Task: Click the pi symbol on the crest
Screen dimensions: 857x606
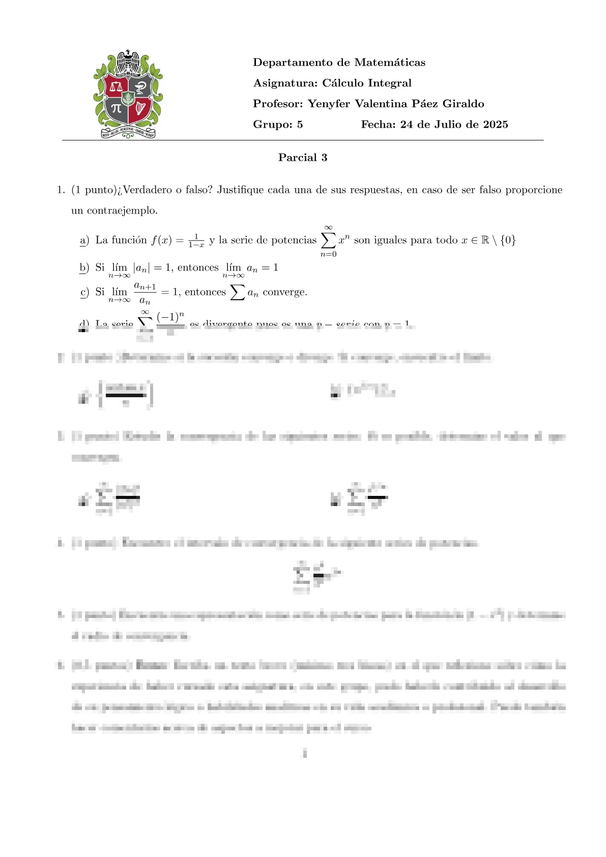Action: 117,108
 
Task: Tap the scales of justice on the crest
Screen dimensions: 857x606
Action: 117,86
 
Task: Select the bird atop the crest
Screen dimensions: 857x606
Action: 127,60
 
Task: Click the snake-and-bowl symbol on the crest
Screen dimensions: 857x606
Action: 139,86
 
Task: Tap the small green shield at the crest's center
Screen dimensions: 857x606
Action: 128,97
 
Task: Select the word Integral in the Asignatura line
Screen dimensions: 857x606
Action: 389,83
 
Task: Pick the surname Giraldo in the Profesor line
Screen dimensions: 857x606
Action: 463,104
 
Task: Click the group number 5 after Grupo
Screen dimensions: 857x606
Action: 300,125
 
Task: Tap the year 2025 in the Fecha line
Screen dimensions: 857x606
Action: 495,125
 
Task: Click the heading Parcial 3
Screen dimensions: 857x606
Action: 303,158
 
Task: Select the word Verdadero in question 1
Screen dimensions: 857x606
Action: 148,190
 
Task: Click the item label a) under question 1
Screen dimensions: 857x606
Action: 84,240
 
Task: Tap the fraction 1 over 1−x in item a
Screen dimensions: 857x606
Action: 196,241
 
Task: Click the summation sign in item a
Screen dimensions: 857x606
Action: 328,240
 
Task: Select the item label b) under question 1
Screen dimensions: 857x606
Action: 84,268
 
